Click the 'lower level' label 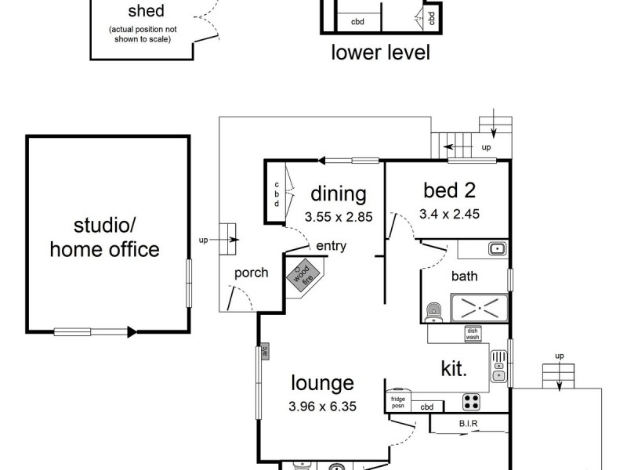(381, 52)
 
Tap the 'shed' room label (145, 12)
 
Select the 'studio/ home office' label (104, 238)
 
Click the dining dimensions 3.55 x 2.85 (338, 217)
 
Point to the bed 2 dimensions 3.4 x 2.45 (450, 212)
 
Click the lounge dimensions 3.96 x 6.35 (322, 407)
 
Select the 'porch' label (251, 273)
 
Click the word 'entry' (331, 246)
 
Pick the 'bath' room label (464, 276)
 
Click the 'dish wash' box (473, 332)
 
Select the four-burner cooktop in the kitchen (471, 402)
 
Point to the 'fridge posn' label (398, 402)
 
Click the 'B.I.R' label (469, 425)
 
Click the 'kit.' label (455, 369)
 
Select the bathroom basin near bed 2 (496, 249)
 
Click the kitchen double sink (498, 365)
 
